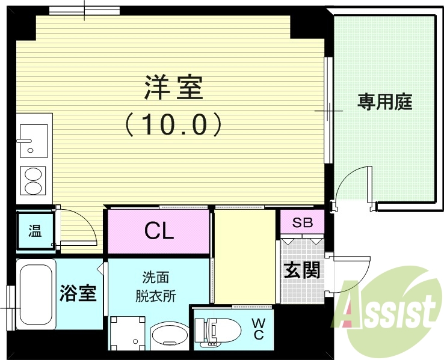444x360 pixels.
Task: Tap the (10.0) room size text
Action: point(173,124)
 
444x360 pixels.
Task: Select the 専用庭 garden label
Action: point(385,102)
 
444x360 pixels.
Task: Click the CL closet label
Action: point(159,230)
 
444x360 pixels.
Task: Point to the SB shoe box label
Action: point(302,222)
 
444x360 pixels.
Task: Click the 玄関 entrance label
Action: point(301,270)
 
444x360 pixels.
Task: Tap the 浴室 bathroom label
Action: point(78,294)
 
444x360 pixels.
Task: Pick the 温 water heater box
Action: point(35,230)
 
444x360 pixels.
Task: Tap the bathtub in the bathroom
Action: point(35,294)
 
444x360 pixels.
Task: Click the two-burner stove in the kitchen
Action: point(34,180)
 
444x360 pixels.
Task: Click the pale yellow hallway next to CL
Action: point(244,255)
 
